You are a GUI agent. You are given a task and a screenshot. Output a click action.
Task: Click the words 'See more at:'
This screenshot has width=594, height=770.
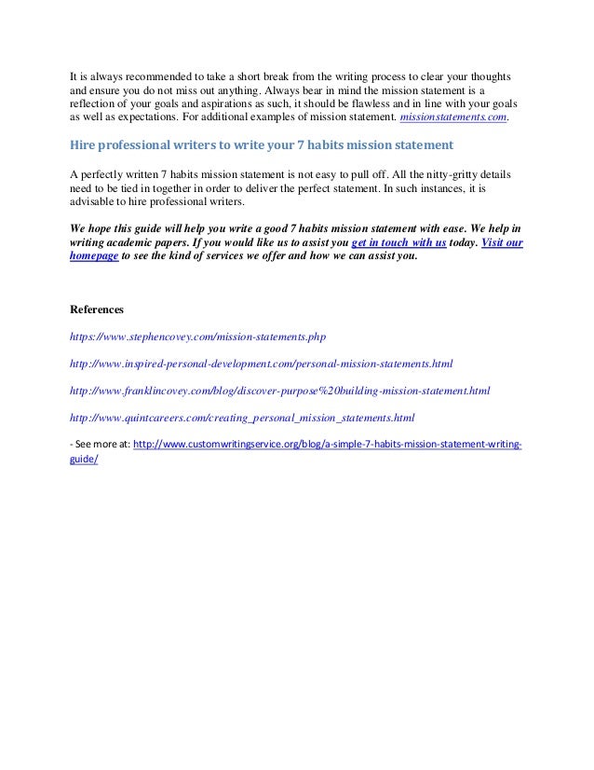(104, 444)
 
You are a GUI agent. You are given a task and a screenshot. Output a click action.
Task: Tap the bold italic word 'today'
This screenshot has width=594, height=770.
(461, 241)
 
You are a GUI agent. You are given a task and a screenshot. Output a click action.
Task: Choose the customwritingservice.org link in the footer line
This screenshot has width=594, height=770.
(328, 444)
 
